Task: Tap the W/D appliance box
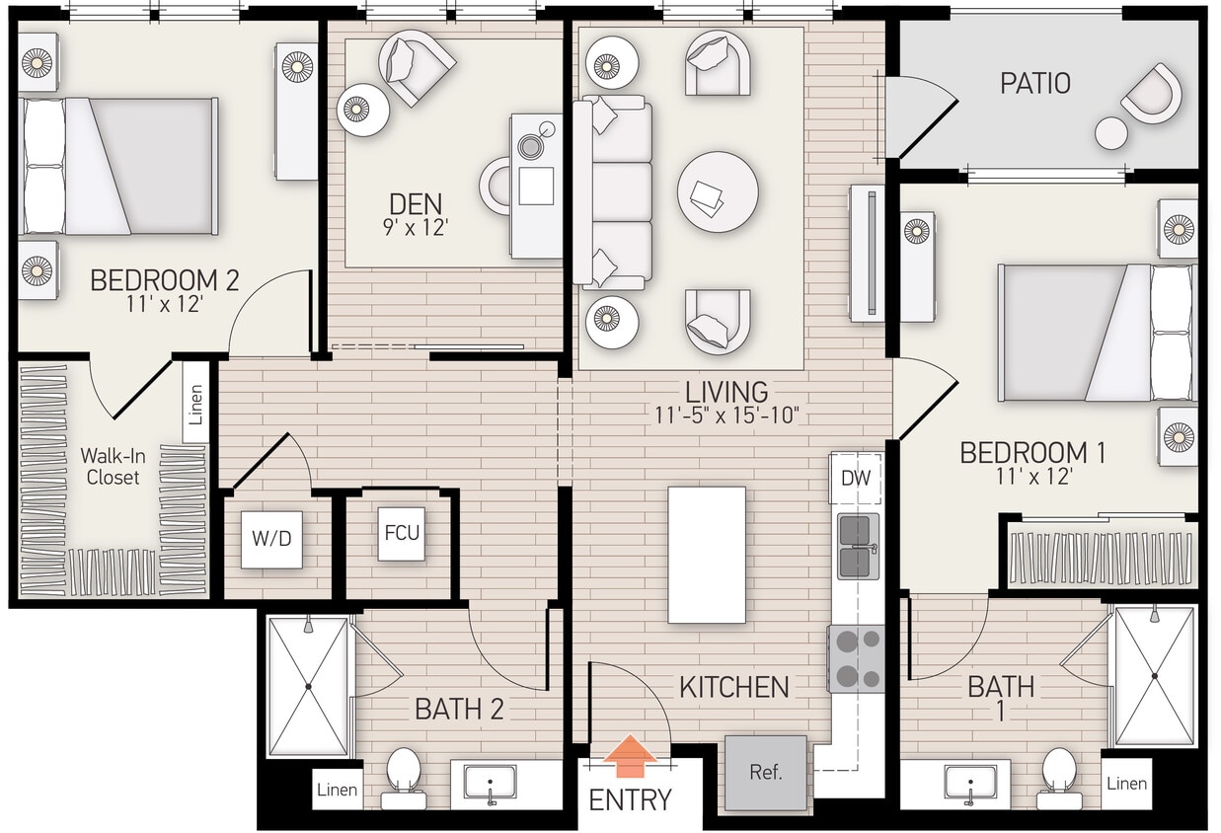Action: [x=271, y=540]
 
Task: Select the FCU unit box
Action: [x=402, y=533]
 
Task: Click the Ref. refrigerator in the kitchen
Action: [x=766, y=773]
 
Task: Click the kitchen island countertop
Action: [x=707, y=555]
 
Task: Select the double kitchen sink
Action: [x=857, y=546]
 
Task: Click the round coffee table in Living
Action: [x=718, y=191]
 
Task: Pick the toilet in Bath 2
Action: [x=403, y=773]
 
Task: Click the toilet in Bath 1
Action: [x=1058, y=773]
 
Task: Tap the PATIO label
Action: [x=1034, y=83]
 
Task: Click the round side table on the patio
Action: [x=1111, y=133]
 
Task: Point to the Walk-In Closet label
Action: [x=112, y=467]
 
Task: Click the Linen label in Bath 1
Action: [x=1126, y=783]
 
